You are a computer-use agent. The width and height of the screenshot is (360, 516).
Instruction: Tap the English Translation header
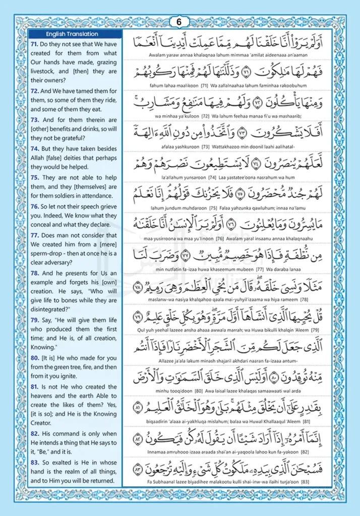coord(68,34)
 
